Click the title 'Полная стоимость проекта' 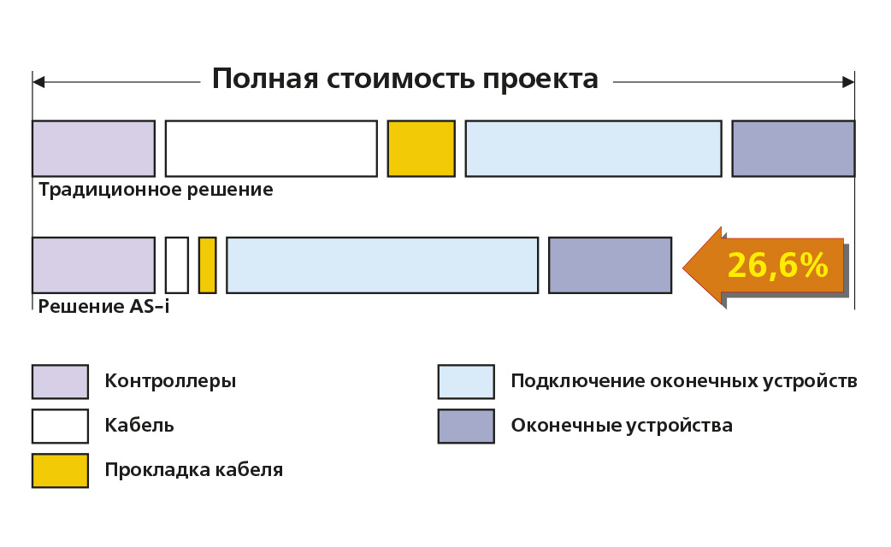pyautogui.click(x=405, y=79)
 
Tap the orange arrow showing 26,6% pyautogui.click(x=765, y=266)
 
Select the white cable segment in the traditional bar pyautogui.click(x=271, y=149)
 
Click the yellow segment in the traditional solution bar pyautogui.click(x=421, y=149)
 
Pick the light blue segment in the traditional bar pyautogui.click(x=593, y=149)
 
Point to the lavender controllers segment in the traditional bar pyautogui.click(x=93, y=149)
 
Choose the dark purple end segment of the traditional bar pyautogui.click(x=793, y=149)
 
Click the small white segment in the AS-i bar pyautogui.click(x=177, y=265)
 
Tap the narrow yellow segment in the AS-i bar pyautogui.click(x=207, y=265)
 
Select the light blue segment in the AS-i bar pyautogui.click(x=382, y=265)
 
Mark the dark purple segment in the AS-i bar pyautogui.click(x=610, y=265)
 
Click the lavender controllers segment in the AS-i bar pyautogui.click(x=93, y=265)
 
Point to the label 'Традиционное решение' pyautogui.click(x=156, y=190)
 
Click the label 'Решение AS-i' pyautogui.click(x=103, y=306)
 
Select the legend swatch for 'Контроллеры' pyautogui.click(x=60, y=381)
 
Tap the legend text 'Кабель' pyautogui.click(x=139, y=426)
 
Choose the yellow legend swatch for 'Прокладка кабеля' pyautogui.click(x=60, y=470)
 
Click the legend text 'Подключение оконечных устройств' pyautogui.click(x=683, y=381)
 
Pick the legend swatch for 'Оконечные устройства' pyautogui.click(x=466, y=426)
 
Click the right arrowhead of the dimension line pyautogui.click(x=848, y=82)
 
